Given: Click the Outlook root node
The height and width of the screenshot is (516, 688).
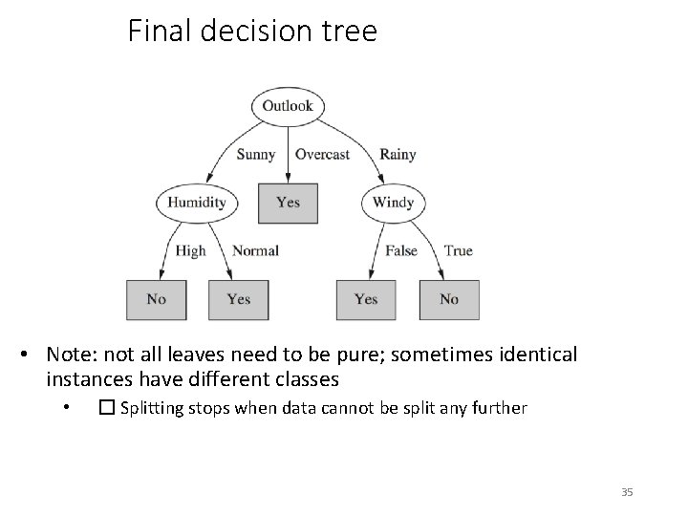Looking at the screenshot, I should [x=288, y=106].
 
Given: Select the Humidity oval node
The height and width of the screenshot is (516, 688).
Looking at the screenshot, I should [x=197, y=203].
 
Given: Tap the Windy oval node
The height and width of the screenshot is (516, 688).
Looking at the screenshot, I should [x=393, y=203].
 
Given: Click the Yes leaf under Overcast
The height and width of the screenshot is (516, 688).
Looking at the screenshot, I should [x=288, y=203].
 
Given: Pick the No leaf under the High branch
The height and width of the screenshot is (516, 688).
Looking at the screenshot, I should [x=157, y=299].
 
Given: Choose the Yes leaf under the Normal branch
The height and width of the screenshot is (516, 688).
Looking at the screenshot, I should [x=239, y=299].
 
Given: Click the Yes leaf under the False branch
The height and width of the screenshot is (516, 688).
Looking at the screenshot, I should [x=366, y=299].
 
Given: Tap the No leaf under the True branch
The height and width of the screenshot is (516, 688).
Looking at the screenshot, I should [x=448, y=299].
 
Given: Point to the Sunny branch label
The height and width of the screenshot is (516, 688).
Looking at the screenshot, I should [x=255, y=154].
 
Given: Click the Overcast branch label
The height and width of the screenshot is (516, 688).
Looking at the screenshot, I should [x=322, y=154].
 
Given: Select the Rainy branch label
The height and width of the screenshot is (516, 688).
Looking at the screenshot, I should [x=398, y=154].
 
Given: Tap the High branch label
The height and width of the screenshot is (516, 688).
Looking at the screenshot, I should [x=190, y=250].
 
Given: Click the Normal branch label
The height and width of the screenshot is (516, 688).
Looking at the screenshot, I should [x=255, y=250].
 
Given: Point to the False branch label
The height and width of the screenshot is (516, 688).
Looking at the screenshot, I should [x=401, y=250].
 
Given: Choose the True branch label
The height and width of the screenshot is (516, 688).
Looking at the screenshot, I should [x=458, y=250].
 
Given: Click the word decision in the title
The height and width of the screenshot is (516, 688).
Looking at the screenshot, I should [x=256, y=32].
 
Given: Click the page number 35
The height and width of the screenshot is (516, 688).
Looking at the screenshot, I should [x=627, y=492].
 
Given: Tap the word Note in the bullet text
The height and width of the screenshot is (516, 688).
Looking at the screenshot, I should [x=69, y=355].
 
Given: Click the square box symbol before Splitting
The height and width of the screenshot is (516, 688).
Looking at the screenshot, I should [x=106, y=408].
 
